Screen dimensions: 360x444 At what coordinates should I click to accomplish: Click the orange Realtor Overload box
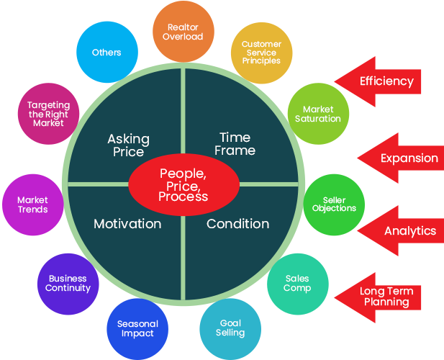point(183,32)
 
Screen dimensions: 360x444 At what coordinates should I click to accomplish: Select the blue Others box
point(107,52)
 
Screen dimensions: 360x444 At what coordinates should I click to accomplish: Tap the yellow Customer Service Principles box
point(261,52)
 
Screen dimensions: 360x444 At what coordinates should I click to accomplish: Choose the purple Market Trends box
point(33,204)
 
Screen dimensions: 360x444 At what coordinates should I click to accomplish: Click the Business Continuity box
point(68,283)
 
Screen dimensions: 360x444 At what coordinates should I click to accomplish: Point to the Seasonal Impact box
point(137,328)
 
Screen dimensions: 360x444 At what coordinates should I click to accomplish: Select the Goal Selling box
point(230,328)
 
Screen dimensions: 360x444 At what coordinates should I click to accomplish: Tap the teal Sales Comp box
point(297,283)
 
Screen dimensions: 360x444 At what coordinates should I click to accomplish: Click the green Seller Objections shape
point(333,204)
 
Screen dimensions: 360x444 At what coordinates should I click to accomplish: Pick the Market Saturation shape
point(317,114)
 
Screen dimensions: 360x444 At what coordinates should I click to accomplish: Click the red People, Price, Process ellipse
point(184,184)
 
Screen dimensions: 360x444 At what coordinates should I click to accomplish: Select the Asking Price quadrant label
point(128,145)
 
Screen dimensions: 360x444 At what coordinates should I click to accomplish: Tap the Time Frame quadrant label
point(235,144)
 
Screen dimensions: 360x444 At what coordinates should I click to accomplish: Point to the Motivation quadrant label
point(127,224)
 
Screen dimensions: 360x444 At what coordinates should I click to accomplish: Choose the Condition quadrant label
point(237,224)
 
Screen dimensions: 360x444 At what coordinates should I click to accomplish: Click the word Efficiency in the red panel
point(386,81)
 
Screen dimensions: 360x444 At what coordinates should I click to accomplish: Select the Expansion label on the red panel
point(409,158)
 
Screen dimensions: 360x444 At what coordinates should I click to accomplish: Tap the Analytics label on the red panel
point(410,231)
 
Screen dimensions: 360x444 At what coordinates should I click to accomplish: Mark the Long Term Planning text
point(386,297)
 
